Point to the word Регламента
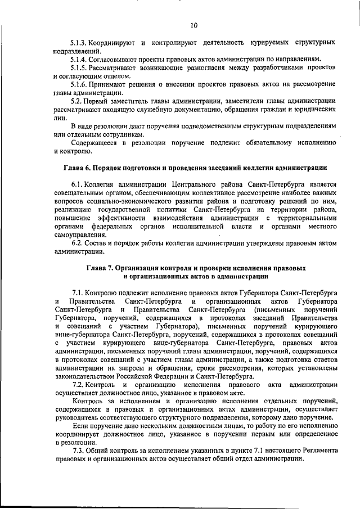317,451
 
